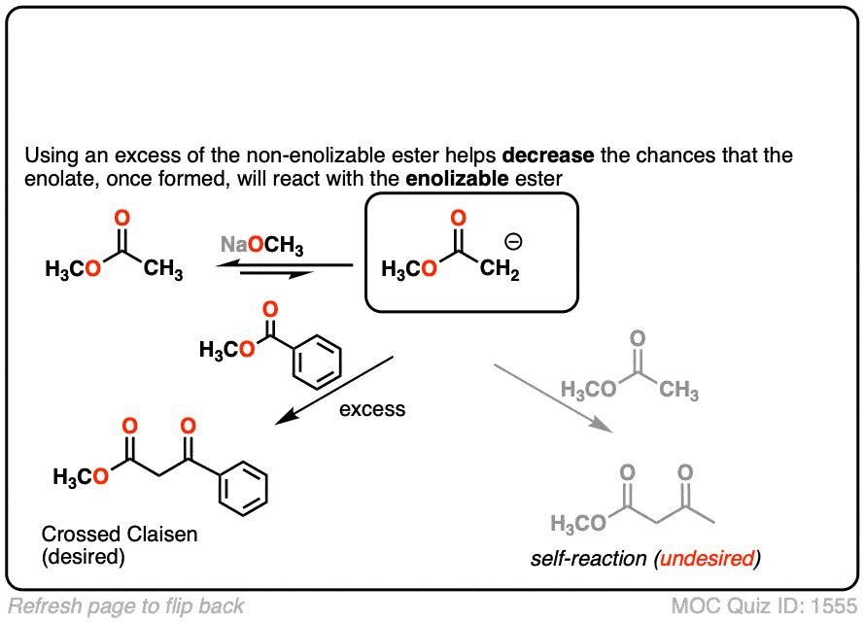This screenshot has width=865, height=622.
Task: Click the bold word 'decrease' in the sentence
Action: tap(557, 155)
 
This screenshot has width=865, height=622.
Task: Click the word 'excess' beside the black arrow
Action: tap(372, 409)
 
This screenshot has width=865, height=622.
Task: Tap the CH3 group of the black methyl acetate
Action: tap(162, 270)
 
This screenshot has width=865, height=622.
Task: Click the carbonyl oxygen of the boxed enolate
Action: tap(459, 218)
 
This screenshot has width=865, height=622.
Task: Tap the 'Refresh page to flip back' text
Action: tap(125, 606)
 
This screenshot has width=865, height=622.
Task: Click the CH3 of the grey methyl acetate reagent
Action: tap(677, 392)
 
